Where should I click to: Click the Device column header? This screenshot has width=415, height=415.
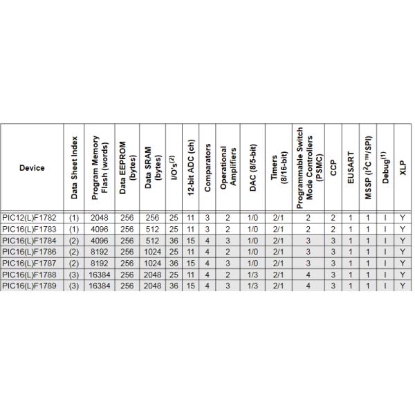click(32, 168)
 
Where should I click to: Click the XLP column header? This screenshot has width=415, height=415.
click(402, 168)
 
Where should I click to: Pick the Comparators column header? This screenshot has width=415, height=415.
click(207, 168)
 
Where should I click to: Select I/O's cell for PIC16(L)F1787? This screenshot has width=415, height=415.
click(174, 263)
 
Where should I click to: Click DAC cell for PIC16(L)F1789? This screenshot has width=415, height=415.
click(254, 285)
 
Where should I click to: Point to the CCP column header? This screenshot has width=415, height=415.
click(333, 168)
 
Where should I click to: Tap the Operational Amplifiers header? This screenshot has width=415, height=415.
click(228, 168)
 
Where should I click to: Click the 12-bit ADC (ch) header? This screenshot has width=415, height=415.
click(190, 168)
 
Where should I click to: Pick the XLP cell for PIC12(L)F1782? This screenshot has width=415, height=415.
click(402, 218)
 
